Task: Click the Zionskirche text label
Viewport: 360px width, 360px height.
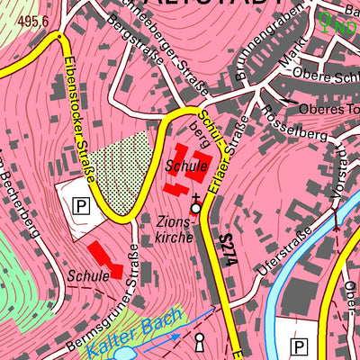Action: tap(174, 229)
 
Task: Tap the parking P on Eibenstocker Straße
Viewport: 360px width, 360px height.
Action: tap(81, 206)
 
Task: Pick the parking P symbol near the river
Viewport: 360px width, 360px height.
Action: tap(299, 346)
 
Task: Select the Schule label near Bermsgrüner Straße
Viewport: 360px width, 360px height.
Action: tap(87, 275)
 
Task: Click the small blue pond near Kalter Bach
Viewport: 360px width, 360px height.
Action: tap(123, 354)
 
